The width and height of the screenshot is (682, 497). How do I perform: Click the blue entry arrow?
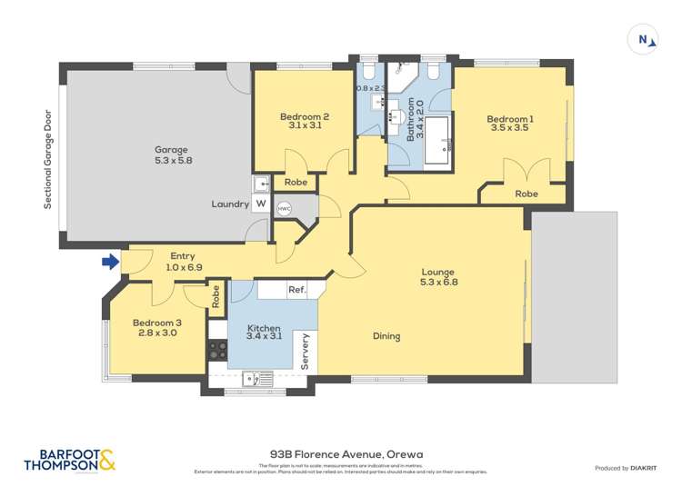coord(110,263)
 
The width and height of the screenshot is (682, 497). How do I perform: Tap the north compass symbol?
coord(644,39)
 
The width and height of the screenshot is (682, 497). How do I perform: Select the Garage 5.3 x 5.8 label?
coord(172,154)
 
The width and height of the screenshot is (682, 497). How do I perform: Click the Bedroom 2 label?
coord(304,121)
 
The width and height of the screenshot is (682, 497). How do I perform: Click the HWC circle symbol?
coord(284,208)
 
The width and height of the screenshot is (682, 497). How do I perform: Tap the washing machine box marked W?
coord(261,204)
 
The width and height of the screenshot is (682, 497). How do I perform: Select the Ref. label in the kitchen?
coord(296,290)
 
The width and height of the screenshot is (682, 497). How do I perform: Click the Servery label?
coord(306,351)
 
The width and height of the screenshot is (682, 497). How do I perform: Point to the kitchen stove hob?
coord(217,350)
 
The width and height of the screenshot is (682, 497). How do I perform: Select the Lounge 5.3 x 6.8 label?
coord(438,277)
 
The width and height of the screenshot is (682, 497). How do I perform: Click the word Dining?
coord(386,336)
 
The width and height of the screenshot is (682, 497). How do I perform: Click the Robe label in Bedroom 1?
coord(526,194)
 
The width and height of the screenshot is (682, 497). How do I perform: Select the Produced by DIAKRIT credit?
coord(626,468)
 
